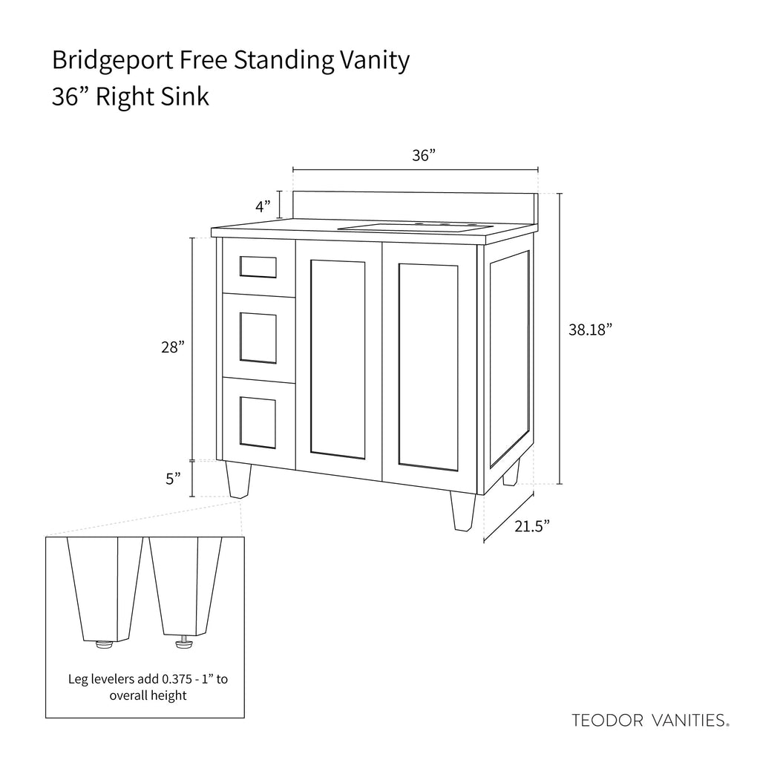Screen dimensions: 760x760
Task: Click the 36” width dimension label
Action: [x=423, y=156]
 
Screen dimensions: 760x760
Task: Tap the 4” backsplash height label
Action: [x=263, y=206]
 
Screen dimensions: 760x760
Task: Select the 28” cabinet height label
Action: [x=171, y=347]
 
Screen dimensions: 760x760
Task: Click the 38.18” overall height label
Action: [x=590, y=330]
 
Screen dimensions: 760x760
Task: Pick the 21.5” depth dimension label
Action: [x=531, y=527]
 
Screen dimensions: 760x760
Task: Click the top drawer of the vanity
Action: [x=258, y=266]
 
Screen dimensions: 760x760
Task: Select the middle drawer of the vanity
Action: [x=258, y=338]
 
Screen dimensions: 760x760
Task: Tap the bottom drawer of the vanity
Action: [x=258, y=422]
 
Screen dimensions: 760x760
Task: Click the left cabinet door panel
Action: [x=338, y=359]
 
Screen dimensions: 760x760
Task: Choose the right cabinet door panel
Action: [x=428, y=367]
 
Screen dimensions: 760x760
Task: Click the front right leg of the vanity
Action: [x=462, y=511]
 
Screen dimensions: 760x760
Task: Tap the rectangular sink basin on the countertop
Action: [x=416, y=226]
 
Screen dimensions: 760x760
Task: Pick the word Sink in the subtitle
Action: [x=183, y=96]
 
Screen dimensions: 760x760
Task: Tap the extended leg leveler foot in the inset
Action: [x=183, y=643]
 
